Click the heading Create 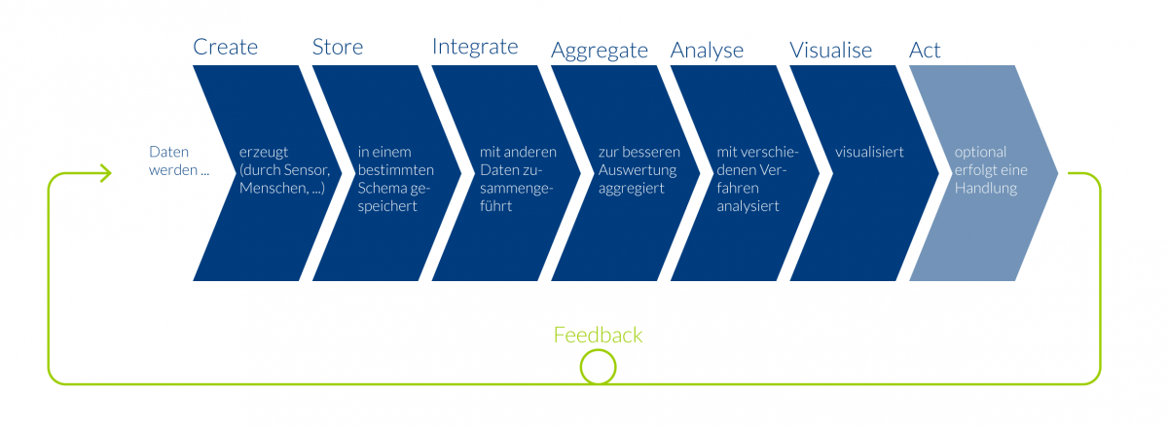(225, 47)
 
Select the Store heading (338, 47)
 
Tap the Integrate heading (475, 48)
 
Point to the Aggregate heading (600, 52)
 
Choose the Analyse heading (707, 52)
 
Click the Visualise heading (830, 51)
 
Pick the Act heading (925, 51)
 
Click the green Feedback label (598, 335)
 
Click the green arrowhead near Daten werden (106, 173)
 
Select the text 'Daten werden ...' (179, 160)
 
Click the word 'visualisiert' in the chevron (869, 152)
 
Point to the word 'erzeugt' (264, 153)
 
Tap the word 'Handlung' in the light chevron (985, 188)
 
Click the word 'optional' (980, 152)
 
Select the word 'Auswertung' (638, 170)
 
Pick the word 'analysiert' (748, 206)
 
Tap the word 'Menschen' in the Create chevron (273, 188)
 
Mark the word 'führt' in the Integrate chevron (495, 205)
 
